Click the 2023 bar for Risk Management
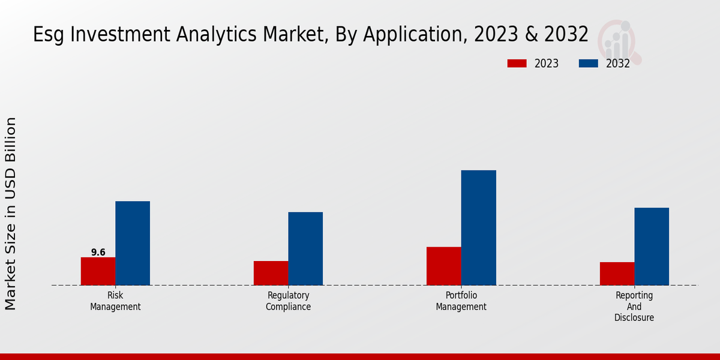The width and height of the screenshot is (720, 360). click(x=98, y=271)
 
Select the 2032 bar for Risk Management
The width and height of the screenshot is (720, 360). click(x=133, y=243)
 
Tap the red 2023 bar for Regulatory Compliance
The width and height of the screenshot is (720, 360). click(x=271, y=273)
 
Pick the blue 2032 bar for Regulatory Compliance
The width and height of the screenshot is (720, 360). click(x=305, y=248)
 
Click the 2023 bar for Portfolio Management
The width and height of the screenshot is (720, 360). click(x=444, y=266)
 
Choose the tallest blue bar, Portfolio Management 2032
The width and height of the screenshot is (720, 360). click(x=479, y=227)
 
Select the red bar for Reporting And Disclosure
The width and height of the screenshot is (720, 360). click(x=617, y=274)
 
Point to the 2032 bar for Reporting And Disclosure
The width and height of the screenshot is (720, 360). click(x=652, y=246)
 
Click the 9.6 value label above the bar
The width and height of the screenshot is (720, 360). click(x=98, y=253)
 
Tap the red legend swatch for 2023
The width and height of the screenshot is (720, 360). click(x=517, y=64)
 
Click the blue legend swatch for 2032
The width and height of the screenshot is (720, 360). click(x=588, y=64)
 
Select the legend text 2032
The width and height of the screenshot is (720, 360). click(x=618, y=64)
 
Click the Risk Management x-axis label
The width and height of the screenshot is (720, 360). click(x=115, y=301)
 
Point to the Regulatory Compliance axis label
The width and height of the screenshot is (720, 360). click(x=288, y=301)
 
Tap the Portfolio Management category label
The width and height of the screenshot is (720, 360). click(x=461, y=301)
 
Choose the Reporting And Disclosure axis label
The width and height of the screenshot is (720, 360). click(x=634, y=306)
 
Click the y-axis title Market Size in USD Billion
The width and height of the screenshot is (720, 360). click(x=11, y=214)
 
